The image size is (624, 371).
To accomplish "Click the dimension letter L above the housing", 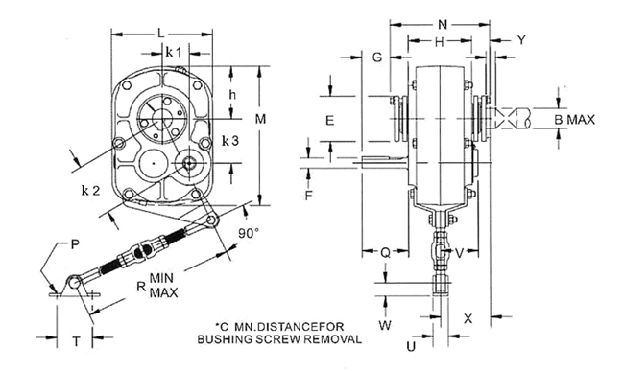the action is (160, 34).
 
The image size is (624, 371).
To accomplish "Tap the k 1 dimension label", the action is (173, 52).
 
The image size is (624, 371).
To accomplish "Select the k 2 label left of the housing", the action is (91, 191).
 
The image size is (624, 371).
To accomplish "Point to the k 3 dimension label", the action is (230, 140).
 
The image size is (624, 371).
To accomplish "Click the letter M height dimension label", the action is (261, 119).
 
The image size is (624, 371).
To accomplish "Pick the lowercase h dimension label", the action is (233, 95).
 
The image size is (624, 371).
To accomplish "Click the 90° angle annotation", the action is (249, 233).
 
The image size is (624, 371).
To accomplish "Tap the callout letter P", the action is (75, 244).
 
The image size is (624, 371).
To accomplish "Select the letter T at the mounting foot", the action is (76, 341).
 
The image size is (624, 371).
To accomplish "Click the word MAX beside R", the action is (164, 292).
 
